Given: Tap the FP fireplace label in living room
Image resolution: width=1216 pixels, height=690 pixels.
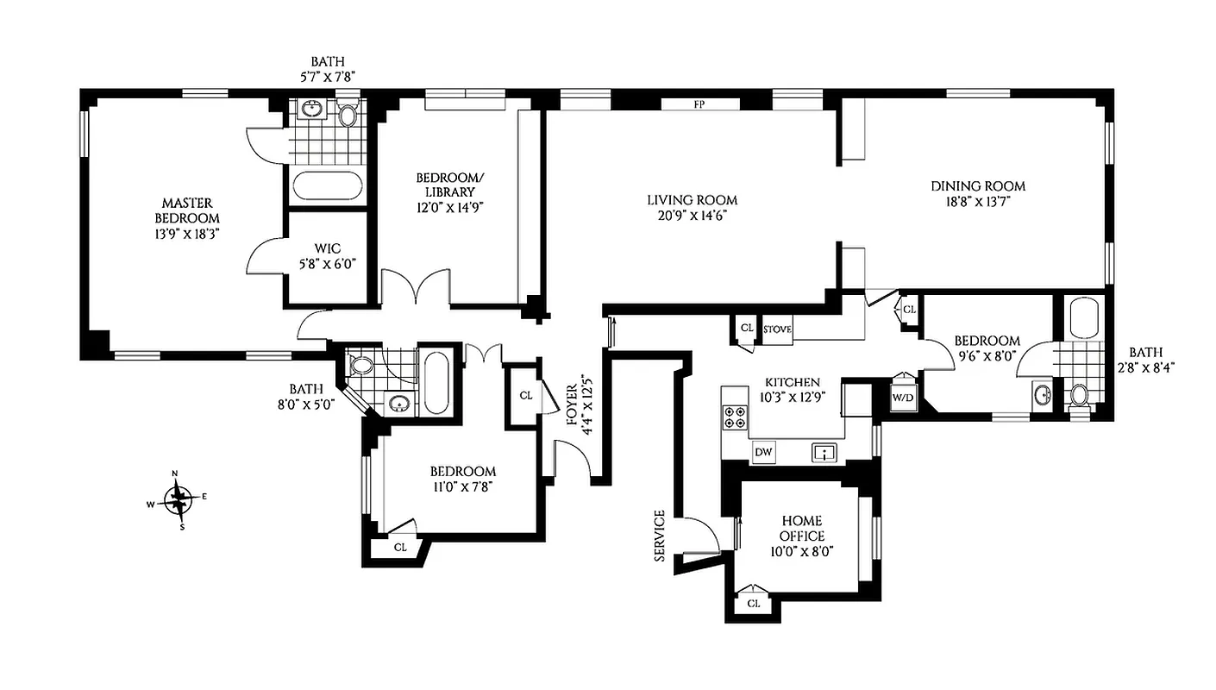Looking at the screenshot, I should pos(699,105).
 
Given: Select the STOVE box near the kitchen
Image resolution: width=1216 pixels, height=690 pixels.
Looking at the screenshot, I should pos(777,329).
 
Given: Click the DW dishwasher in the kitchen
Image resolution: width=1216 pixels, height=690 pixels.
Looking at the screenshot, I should pos(762,451).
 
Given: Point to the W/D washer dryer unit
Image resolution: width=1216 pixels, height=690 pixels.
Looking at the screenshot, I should pos(902,398).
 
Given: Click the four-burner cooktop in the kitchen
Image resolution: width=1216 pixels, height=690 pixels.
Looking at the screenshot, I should pos(736,417).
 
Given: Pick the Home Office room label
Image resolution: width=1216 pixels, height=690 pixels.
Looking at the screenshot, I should pos(802,529).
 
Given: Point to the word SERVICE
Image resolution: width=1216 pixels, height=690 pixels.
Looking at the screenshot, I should pos(660,536).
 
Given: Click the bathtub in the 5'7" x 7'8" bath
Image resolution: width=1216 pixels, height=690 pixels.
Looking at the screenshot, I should pos(328,185).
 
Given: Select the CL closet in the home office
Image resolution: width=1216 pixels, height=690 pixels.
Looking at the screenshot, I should pos(753,603).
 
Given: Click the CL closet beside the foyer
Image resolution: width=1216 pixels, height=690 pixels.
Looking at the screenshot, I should pos(525,396).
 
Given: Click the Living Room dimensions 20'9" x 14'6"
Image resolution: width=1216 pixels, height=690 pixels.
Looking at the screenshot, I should pos(692,216).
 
